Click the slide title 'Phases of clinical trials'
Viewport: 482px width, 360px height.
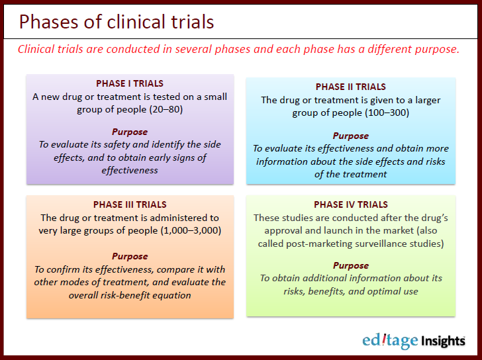[117, 22]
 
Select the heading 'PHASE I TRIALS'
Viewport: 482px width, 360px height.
[130, 84]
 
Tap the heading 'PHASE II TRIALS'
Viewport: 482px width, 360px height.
[350, 87]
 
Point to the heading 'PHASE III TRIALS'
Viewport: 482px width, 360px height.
[130, 204]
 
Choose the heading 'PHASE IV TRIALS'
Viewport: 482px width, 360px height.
[350, 204]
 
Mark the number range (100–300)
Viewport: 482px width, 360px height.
[385, 112]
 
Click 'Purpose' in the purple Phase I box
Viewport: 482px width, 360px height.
[130, 132]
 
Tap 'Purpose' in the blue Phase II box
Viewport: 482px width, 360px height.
[350, 136]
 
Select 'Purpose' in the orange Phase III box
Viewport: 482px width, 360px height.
[130, 256]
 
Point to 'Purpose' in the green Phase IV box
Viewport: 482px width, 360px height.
[350, 265]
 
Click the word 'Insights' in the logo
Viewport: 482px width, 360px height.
[442, 341]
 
